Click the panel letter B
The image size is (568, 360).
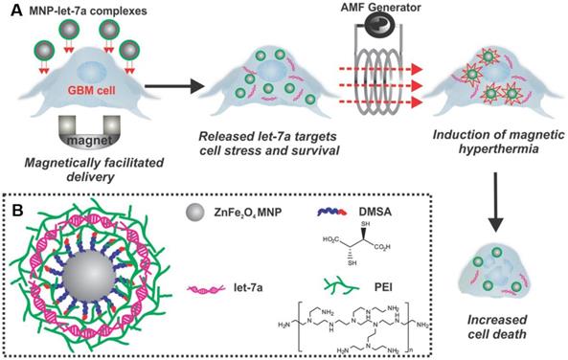pyautogui.click(x=18, y=211)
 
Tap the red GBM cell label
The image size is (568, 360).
pyautogui.click(x=91, y=89)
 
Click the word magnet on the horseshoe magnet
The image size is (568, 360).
pyautogui.click(x=89, y=140)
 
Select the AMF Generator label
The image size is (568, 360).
pyautogui.click(x=380, y=7)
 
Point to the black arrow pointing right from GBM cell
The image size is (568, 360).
pyautogui.click(x=172, y=86)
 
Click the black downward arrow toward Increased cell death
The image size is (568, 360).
pyautogui.click(x=495, y=202)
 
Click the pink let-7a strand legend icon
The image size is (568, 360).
pyautogui.click(x=206, y=289)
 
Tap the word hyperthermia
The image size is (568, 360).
pyautogui.click(x=498, y=148)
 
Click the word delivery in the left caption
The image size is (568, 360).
pyautogui.click(x=94, y=177)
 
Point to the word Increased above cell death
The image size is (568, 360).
pyautogui.click(x=496, y=320)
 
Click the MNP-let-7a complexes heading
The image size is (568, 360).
pyautogui.click(x=88, y=11)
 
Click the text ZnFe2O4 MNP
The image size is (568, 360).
pyautogui.click(x=248, y=213)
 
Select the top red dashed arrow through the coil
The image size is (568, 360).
pyautogui.click(x=381, y=69)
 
